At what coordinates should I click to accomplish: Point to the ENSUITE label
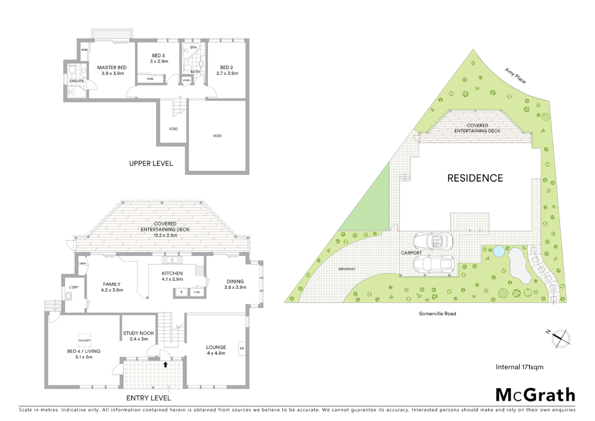[x=77, y=81]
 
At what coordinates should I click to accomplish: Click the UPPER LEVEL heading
[x=151, y=163]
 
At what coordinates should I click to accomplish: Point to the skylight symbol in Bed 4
[x=84, y=340]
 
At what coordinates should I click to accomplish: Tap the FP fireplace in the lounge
[x=242, y=348]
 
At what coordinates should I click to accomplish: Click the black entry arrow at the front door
[x=165, y=365]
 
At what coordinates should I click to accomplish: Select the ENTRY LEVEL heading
[x=149, y=398]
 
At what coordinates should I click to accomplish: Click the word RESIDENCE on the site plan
[x=475, y=178]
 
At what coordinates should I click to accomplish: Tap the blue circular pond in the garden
[x=498, y=251]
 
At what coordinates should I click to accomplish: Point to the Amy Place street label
[x=515, y=76]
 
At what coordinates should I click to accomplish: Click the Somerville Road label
[x=437, y=313]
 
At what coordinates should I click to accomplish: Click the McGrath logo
[x=535, y=395]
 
